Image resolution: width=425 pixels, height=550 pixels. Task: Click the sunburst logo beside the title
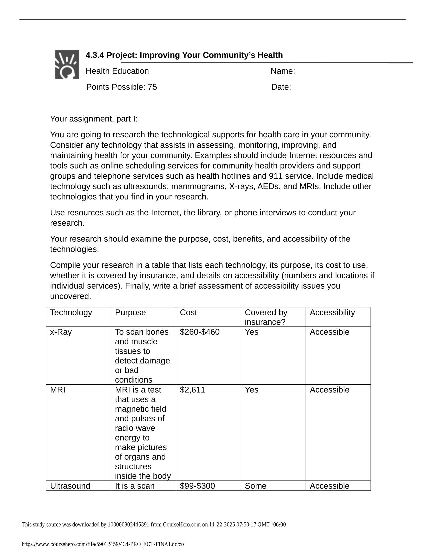pyautogui.click(x=67, y=64)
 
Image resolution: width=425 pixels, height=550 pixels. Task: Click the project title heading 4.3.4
pyautogui.click(x=184, y=55)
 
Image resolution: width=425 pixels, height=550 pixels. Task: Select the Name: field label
pyautogui.click(x=283, y=71)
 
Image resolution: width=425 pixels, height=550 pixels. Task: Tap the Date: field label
pyautogui.click(x=281, y=87)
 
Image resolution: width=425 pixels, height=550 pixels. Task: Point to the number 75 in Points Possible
pyautogui.click(x=152, y=87)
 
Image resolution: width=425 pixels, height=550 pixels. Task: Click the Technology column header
pyautogui.click(x=71, y=312)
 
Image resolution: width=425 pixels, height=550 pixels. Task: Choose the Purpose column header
pyautogui.click(x=130, y=312)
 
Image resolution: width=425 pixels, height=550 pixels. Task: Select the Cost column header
pyautogui.click(x=188, y=312)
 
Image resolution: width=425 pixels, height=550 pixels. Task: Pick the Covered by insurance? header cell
pyautogui.click(x=266, y=317)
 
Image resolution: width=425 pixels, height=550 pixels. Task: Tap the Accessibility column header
pyautogui.click(x=332, y=312)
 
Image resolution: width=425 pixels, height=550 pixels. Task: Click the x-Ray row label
pyautogui.click(x=61, y=332)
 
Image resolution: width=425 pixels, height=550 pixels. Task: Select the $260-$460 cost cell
pyautogui.click(x=200, y=332)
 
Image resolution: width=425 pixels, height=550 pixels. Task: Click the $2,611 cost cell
pyautogui.click(x=192, y=390)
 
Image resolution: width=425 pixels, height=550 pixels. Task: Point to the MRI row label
pyautogui.click(x=58, y=390)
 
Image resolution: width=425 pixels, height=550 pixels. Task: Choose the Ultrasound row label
pyautogui.click(x=70, y=486)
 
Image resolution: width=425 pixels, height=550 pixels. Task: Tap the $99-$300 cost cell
pyautogui.click(x=197, y=486)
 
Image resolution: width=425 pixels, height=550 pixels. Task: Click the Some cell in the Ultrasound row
pyautogui.click(x=256, y=486)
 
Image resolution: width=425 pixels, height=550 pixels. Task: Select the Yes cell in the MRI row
pyautogui.click(x=251, y=390)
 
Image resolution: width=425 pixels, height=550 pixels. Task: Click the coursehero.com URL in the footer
pyautogui.click(x=103, y=544)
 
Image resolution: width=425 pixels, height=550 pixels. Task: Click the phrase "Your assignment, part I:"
pyautogui.click(x=94, y=119)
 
